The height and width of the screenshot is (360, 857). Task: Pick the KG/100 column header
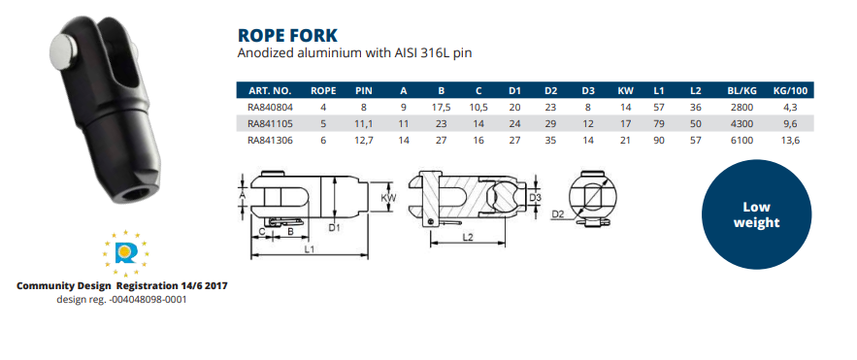coord(790,90)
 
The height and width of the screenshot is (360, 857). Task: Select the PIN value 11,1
coord(365,124)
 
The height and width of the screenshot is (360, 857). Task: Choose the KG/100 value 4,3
coord(790,108)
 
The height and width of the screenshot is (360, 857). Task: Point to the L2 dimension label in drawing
coord(469,236)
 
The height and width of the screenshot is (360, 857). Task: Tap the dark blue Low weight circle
coord(762,214)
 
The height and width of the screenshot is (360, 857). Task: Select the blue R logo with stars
coord(124,253)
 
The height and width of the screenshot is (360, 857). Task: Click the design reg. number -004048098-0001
coord(122,299)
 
